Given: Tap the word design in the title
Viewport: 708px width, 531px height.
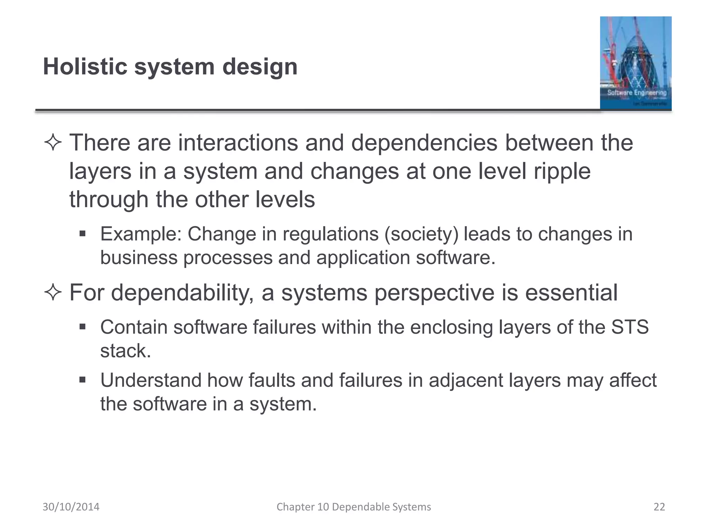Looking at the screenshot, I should point(260,67).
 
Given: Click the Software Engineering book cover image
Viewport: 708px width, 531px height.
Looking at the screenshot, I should point(635,63).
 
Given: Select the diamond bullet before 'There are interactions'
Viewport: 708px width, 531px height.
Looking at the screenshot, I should point(53,143).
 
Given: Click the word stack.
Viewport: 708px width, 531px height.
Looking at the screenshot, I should point(125,351).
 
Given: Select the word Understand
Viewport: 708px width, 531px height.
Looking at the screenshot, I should point(151,380).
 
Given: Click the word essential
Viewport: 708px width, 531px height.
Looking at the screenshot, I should point(571,293).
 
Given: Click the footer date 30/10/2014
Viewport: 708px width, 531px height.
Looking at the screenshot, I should point(71,507).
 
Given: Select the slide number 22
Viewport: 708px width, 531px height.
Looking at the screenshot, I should point(659,507).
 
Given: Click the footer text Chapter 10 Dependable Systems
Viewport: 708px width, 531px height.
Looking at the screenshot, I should point(354,507).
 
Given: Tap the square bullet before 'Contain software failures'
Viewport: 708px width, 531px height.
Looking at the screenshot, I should point(82,327).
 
